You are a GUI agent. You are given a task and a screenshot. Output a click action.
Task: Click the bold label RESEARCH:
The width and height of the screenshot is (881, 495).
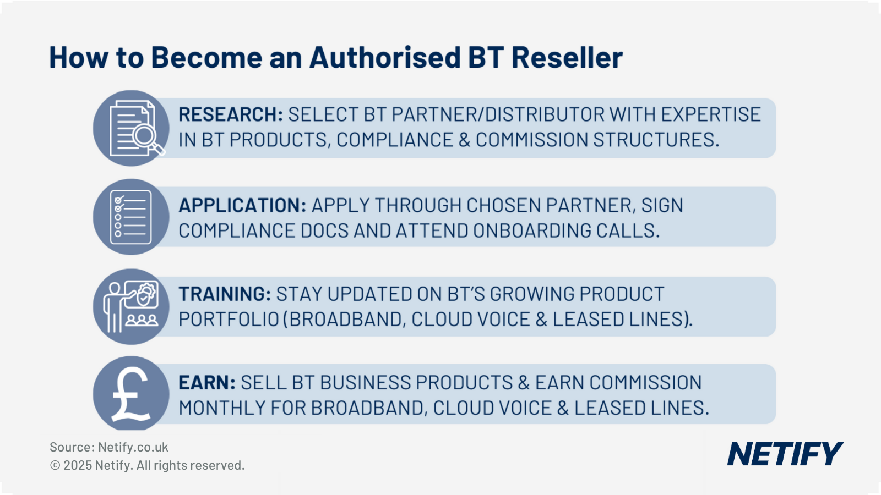tap(230, 115)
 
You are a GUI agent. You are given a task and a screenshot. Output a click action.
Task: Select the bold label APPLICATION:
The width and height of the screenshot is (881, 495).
tap(242, 206)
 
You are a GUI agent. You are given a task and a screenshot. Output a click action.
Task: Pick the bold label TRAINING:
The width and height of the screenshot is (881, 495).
tap(224, 294)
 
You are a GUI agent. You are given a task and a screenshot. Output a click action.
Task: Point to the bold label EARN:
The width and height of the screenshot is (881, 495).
tap(206, 383)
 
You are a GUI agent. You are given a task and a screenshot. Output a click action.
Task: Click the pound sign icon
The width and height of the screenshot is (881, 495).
tap(130, 394)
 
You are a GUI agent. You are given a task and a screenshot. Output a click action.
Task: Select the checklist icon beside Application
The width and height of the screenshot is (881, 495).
tap(130, 217)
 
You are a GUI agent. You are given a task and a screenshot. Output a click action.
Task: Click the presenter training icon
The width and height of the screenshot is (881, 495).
tap(130, 306)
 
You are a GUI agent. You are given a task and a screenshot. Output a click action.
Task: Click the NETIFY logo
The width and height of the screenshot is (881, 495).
tap(785, 454)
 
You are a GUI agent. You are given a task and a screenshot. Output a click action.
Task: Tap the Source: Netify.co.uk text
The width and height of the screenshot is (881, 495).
tap(108, 447)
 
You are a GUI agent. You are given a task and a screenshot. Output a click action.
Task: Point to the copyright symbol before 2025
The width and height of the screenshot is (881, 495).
tap(55, 466)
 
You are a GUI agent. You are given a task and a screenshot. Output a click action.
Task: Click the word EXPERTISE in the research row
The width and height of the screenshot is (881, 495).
tap(710, 115)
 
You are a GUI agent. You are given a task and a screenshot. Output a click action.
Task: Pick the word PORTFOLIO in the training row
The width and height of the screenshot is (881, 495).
tap(229, 320)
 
